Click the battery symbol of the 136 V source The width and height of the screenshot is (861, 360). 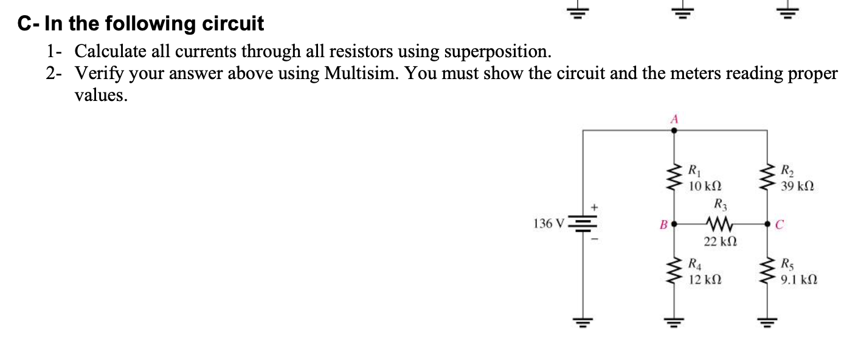click(158, 225)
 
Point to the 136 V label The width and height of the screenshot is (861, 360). click(123, 223)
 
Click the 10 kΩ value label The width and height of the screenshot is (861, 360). click(705, 184)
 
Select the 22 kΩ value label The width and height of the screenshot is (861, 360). click(720, 242)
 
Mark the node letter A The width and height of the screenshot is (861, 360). click(673, 120)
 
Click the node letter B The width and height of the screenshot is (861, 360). click(663, 224)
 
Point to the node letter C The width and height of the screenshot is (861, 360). click(779, 224)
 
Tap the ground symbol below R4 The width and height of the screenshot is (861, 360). click(673, 322)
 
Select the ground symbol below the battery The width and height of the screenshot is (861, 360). click(158, 322)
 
